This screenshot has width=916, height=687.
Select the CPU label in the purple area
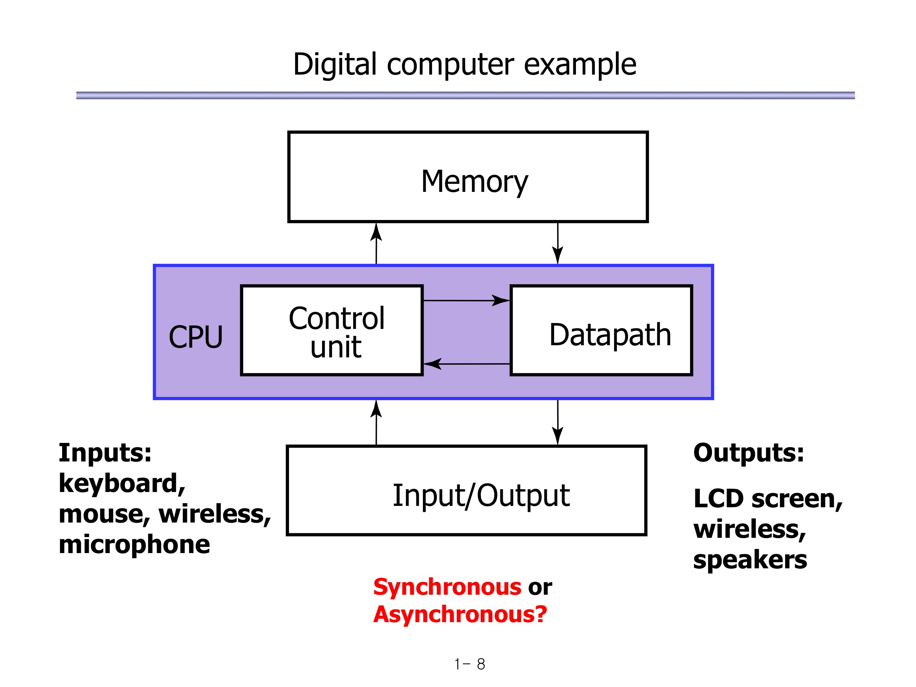tap(196, 337)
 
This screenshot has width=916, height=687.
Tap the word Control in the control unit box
tap(337, 319)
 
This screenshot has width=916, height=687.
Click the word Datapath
tap(610, 334)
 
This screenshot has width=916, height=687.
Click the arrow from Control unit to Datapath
tap(466, 300)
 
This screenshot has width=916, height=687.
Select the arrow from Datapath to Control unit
tap(466, 364)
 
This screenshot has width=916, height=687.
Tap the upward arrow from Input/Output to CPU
tap(376, 422)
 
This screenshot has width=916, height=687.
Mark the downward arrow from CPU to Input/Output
tap(558, 422)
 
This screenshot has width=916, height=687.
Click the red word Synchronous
tap(447, 587)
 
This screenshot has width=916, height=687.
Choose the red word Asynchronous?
tap(460, 614)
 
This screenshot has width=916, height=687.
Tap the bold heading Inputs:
tap(105, 452)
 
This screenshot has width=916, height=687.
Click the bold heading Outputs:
tap(749, 452)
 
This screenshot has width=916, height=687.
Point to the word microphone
tap(134, 544)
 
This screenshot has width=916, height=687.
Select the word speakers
tap(750, 560)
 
